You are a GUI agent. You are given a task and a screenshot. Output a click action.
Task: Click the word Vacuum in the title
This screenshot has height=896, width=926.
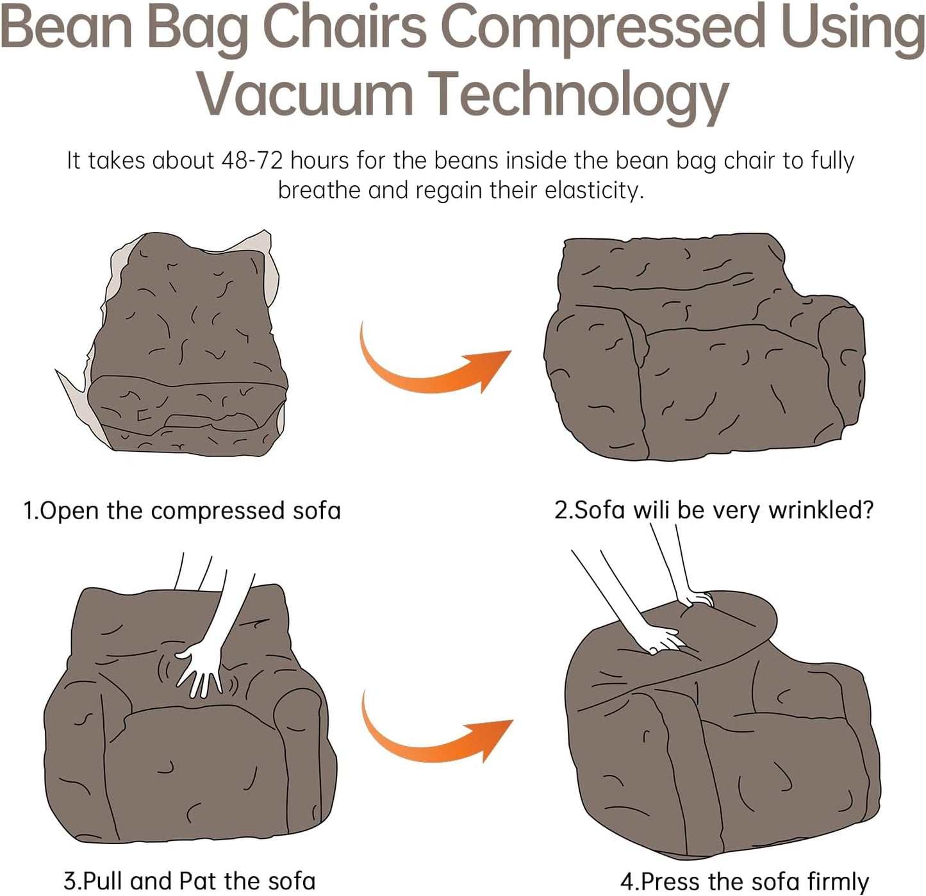pos(305,95)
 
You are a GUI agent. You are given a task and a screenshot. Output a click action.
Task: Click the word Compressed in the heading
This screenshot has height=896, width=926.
pos(604,27)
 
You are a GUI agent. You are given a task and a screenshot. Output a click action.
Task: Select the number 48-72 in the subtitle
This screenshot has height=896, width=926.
pos(252,160)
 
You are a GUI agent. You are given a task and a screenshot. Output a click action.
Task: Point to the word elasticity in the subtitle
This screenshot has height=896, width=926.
pos(594,190)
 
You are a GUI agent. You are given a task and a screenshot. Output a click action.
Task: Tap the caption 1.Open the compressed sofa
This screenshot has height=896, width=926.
pos(182,511)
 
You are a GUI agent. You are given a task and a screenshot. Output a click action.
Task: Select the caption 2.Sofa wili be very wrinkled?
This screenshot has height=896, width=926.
pos(713,510)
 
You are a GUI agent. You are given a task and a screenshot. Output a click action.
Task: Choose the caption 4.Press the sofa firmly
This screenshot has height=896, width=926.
pos(744,881)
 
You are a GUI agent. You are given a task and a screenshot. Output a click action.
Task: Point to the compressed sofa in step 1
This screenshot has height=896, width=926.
pos(186,346)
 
